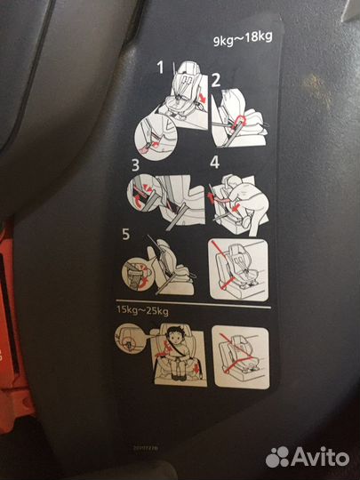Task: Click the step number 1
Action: click(162, 67)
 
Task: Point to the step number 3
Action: click(136, 165)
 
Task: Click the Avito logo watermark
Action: click(306, 456)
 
